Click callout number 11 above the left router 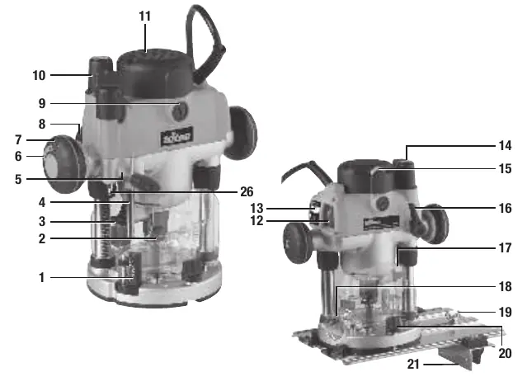145,16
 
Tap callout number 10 39,75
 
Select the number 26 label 247,192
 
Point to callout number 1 42,278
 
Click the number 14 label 505,146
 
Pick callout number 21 413,365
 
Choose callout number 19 505,312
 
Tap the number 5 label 18,179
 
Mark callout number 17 505,248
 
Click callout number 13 256,209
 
